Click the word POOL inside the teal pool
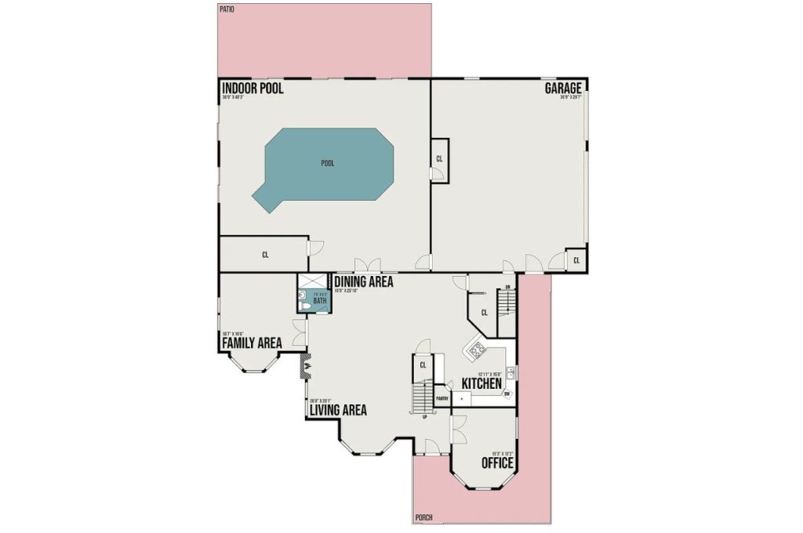coord(328,164)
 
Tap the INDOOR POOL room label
coord(253,89)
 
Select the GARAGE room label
coord(564,89)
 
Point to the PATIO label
coord(227,9)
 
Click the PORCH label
coord(423,517)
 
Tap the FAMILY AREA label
coord(252,343)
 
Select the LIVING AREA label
coord(338,410)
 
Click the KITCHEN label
coord(481,383)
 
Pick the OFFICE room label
coord(497,463)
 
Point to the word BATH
coord(319,300)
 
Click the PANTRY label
coord(441,398)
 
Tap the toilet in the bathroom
coord(303,296)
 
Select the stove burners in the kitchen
coord(475,351)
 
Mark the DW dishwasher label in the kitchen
coord(507,393)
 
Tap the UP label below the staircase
coord(425,417)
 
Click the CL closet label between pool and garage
coord(439,159)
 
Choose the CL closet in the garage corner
coord(576,259)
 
